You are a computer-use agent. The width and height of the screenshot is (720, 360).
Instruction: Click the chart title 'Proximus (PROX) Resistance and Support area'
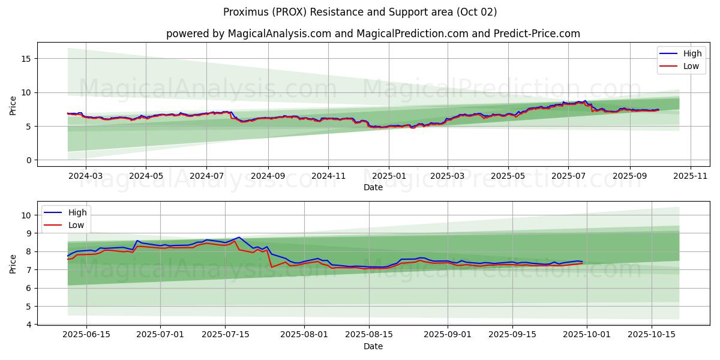360,12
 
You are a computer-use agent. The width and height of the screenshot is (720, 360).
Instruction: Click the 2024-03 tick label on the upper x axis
85,176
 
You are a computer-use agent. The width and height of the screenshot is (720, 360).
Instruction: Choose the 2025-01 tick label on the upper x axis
388,176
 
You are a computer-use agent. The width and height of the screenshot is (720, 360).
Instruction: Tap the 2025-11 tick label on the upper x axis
690,176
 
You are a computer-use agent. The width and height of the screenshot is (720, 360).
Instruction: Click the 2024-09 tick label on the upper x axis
267,176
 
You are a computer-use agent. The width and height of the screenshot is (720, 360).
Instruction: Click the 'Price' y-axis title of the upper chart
13,105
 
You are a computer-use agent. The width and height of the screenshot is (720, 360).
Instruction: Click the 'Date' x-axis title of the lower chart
373,346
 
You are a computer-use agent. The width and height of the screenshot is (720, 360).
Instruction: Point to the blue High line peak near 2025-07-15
239,237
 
